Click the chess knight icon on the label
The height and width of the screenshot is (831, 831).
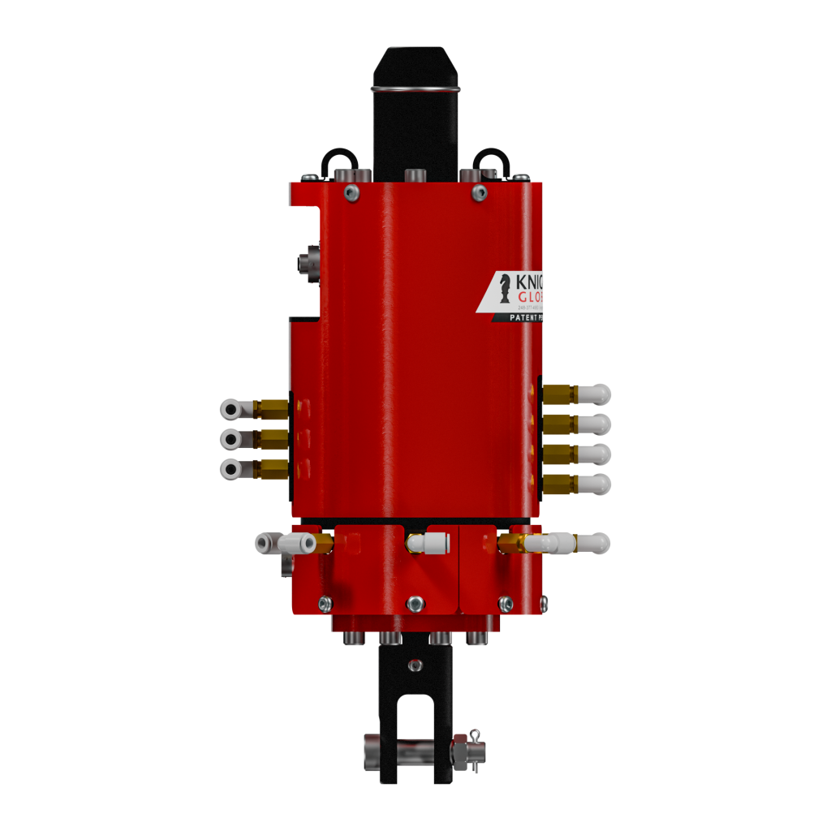[505, 288]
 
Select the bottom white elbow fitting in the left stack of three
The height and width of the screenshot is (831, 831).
[230, 469]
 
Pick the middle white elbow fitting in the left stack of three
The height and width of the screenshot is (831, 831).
[230, 439]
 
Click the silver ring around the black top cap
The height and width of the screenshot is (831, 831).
[415, 88]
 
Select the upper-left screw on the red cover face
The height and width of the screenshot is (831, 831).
[351, 192]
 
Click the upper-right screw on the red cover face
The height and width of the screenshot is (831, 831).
[480, 192]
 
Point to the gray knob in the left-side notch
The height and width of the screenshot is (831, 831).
[308, 265]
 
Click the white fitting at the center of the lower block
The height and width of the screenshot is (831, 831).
[430, 542]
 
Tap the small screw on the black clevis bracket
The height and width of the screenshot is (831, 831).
[415, 665]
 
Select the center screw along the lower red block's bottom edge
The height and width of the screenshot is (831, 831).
[415, 603]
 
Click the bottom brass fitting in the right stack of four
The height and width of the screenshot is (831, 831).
[560, 484]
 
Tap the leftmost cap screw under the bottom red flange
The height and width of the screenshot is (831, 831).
[353, 639]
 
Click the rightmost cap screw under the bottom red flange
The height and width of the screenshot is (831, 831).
[476, 639]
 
